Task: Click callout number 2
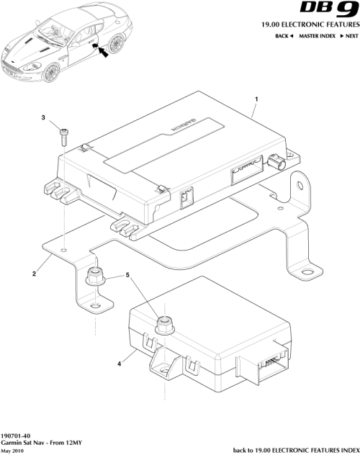pos(34,273)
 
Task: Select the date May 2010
pos(13,451)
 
